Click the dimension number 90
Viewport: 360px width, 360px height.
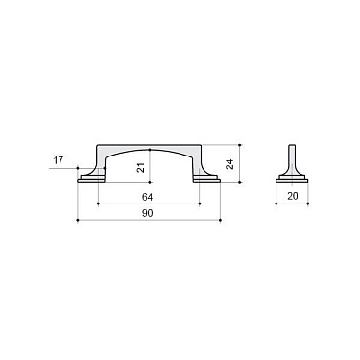[x=150, y=213]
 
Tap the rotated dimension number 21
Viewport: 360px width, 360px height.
[x=141, y=166]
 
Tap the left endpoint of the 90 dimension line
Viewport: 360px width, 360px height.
[x=77, y=221]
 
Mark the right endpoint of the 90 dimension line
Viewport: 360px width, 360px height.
[x=222, y=221]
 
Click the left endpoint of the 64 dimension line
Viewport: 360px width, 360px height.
[x=98, y=203]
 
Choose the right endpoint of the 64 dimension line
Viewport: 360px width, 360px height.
[x=201, y=203]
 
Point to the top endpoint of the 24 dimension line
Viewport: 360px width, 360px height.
[x=239, y=145]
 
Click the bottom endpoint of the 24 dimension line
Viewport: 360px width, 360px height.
[x=239, y=182]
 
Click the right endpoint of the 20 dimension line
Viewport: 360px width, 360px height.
[x=308, y=203]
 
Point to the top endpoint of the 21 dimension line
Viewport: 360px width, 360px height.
[x=150, y=150]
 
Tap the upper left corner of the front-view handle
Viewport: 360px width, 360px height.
[x=98, y=147]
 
